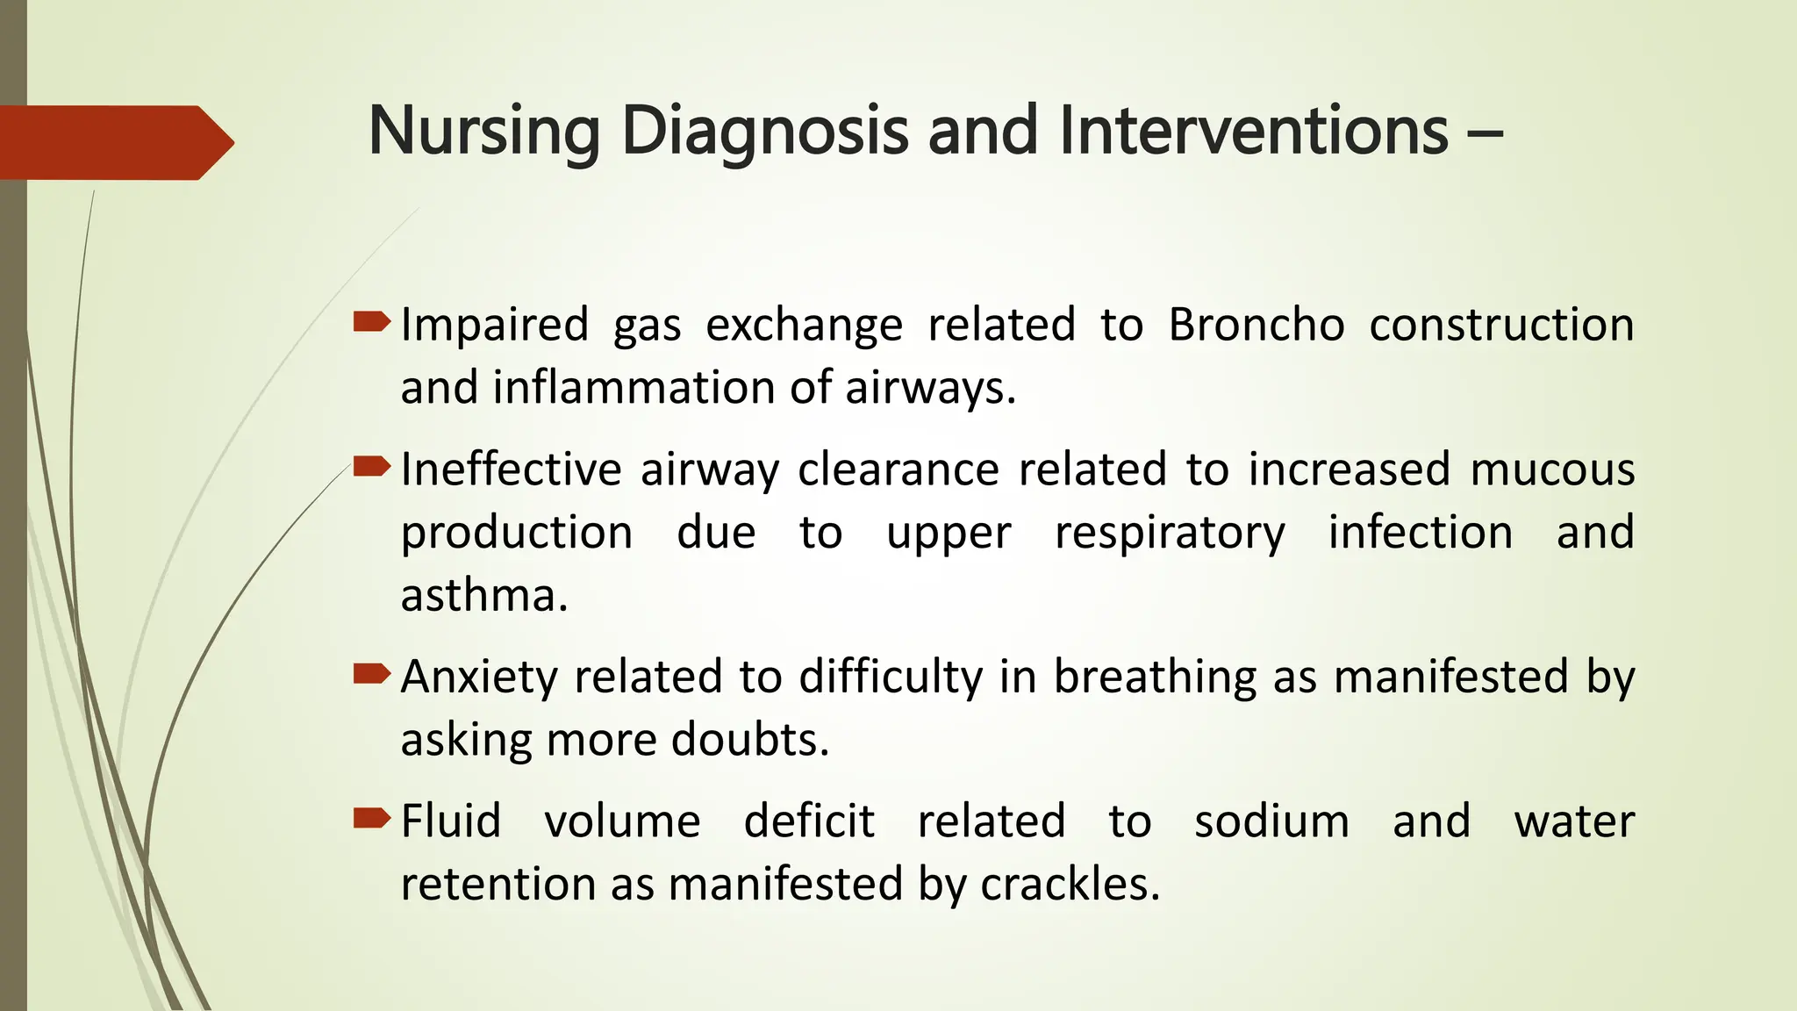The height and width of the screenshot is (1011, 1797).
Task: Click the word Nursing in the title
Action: [483, 132]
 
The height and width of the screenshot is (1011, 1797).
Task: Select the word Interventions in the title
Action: [1254, 132]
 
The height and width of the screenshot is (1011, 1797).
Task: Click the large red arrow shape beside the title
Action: [114, 142]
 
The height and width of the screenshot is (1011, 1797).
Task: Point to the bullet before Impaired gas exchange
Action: [371, 322]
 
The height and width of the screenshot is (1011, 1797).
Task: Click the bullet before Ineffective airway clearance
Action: [371, 467]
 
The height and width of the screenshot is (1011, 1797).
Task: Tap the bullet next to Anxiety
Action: [371, 674]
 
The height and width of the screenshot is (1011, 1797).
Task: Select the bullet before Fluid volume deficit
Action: [371, 819]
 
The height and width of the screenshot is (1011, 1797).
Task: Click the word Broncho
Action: [1256, 325]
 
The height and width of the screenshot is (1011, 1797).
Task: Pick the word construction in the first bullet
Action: [1501, 325]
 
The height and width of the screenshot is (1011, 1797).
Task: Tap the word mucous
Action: [1552, 470]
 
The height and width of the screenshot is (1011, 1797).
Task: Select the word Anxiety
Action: [478, 678]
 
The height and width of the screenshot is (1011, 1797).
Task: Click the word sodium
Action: [1271, 821]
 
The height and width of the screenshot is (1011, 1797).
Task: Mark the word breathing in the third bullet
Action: [1155, 678]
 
